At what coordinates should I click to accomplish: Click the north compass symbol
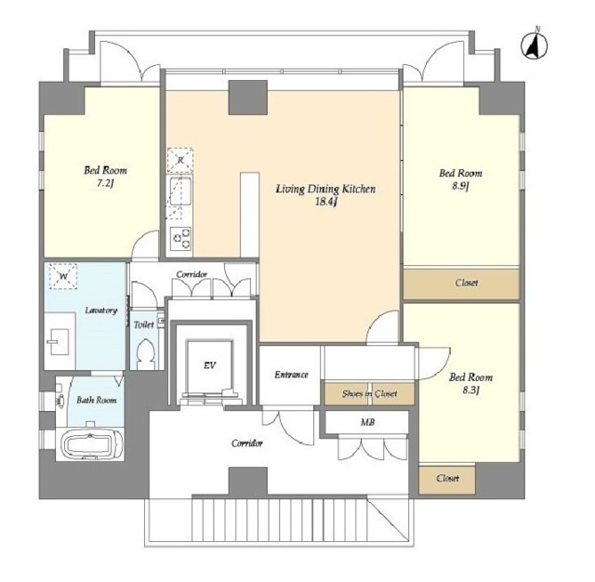[534, 46]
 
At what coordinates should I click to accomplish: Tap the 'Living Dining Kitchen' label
[325, 189]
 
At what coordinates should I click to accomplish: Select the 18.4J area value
[326, 202]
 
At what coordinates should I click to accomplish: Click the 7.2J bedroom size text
[105, 183]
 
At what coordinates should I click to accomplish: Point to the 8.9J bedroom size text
[461, 186]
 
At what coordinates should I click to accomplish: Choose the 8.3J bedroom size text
[471, 390]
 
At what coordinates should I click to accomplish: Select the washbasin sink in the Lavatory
[59, 341]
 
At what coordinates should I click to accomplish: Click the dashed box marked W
[63, 276]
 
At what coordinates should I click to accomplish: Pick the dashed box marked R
[180, 161]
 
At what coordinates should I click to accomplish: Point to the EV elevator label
[209, 365]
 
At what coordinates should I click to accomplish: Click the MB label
[367, 422]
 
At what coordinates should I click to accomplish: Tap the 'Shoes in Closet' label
[370, 393]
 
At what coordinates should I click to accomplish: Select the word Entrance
[291, 375]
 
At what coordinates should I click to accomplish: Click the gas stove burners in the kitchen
[180, 238]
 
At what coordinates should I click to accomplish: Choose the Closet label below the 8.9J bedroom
[467, 283]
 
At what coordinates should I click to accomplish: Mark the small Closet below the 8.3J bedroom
[447, 478]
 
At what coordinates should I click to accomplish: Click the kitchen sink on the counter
[180, 192]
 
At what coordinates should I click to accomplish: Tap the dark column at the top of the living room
[248, 97]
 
